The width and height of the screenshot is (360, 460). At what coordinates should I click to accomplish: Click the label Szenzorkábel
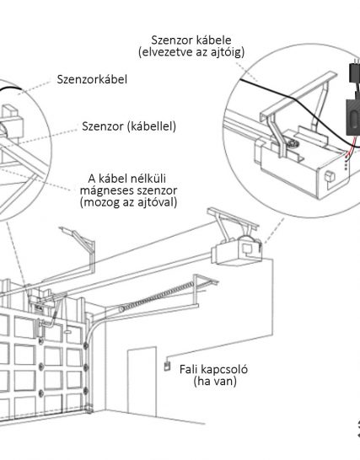(92, 79)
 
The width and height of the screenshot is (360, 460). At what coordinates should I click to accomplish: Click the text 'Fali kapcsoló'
(213, 369)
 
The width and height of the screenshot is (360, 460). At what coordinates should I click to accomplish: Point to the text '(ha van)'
(215, 381)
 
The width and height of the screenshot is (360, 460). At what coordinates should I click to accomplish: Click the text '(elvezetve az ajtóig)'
(191, 52)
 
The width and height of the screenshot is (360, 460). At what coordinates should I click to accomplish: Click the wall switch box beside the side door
(167, 366)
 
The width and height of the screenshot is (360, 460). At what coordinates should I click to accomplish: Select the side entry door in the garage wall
(142, 381)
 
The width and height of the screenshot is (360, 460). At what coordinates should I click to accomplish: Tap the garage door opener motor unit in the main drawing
(236, 250)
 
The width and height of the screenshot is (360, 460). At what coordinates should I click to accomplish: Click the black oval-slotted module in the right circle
(352, 117)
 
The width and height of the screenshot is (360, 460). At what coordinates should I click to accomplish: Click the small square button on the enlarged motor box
(330, 177)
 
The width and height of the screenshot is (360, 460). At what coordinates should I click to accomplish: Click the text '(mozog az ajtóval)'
(128, 202)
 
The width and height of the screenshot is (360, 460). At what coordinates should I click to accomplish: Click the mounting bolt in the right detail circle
(293, 143)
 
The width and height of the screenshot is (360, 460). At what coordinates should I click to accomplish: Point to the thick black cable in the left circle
(9, 88)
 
